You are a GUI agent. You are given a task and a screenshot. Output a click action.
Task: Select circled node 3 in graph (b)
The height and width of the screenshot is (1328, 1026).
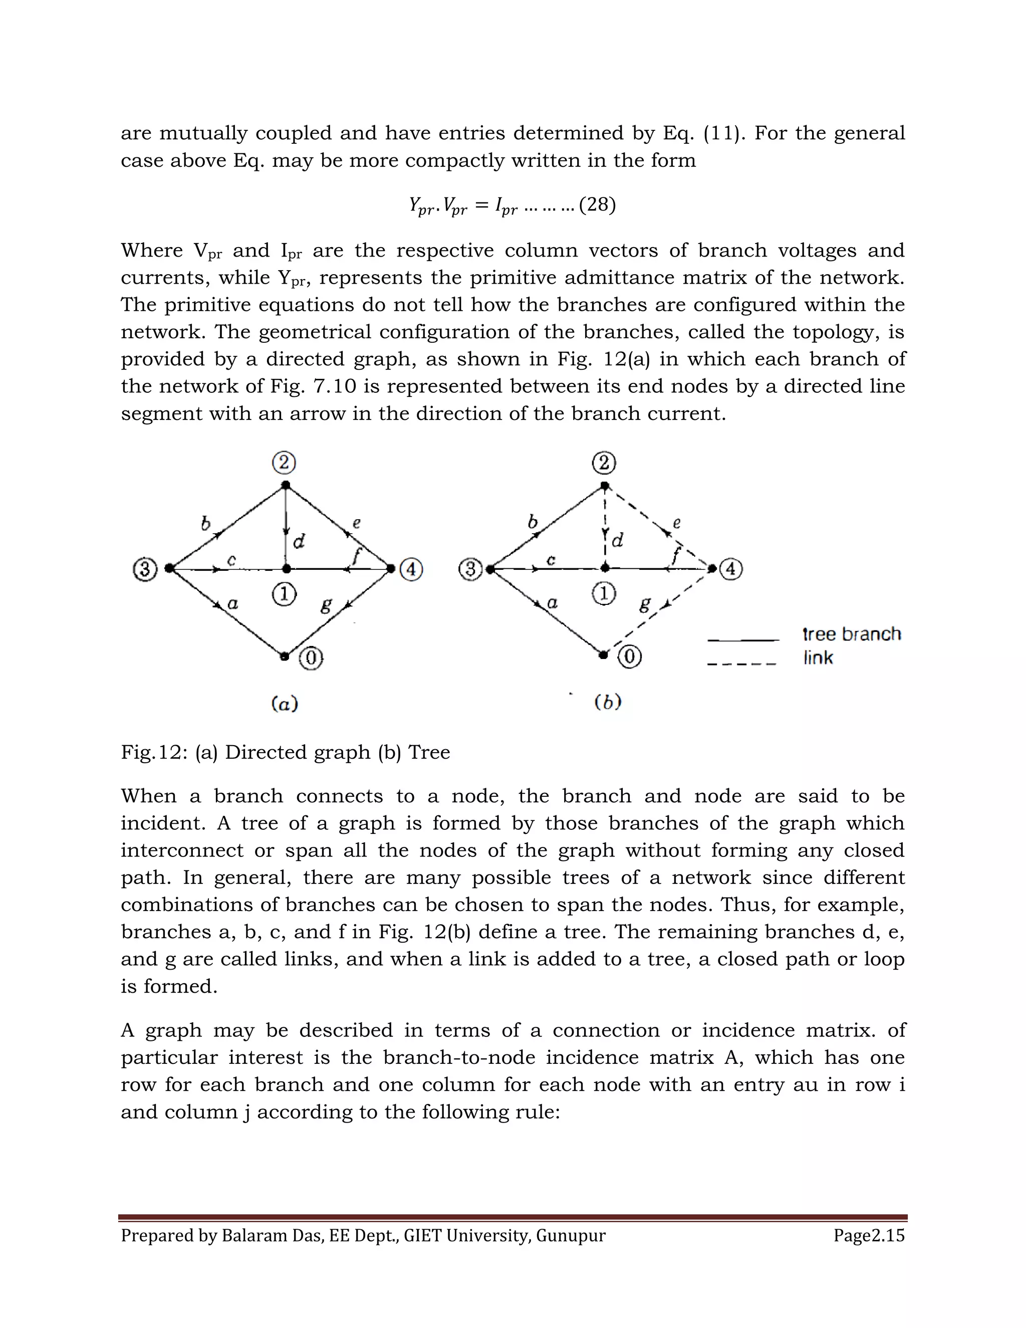pos(470,570)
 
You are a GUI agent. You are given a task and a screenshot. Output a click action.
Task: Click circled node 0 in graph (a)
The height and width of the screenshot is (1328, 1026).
pos(311,657)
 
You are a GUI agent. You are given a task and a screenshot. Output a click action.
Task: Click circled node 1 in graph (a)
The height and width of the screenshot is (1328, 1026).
pos(284,594)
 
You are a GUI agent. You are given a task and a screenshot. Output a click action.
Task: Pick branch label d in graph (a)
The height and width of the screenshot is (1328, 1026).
pos(299,541)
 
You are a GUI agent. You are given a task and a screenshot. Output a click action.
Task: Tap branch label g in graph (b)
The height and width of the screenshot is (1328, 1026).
pos(645,604)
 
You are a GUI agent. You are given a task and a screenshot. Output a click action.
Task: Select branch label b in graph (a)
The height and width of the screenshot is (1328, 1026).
pos(205,522)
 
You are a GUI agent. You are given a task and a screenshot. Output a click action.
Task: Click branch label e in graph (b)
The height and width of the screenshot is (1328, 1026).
pos(676,522)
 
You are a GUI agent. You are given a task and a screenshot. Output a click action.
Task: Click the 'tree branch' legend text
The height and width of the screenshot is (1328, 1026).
pos(851,634)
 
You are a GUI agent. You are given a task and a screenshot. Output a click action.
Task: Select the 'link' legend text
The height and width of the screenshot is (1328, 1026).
pos(818,658)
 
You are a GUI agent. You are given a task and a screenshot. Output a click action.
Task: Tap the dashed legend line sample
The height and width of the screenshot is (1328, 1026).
pos(741,663)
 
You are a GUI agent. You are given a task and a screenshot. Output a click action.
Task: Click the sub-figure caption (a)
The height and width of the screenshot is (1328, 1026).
pos(284,704)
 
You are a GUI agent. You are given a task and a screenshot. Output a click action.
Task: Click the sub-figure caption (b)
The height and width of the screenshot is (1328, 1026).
pos(608,702)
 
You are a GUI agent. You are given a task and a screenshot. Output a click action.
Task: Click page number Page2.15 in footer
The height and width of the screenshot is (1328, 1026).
pos(869,1236)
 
